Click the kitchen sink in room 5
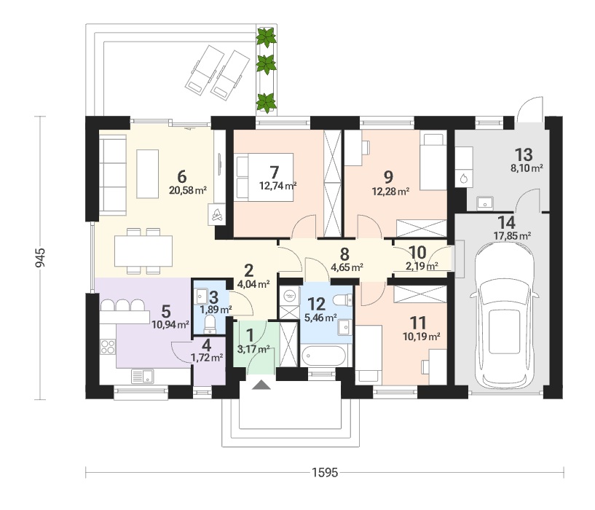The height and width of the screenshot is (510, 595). point(143,377)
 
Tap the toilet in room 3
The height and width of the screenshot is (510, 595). point(210,324)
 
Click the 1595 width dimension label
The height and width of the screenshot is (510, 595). point(324,472)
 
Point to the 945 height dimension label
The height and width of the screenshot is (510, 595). point(40,257)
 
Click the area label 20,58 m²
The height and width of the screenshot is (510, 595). point(188,190)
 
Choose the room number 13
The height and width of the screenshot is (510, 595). point(524,154)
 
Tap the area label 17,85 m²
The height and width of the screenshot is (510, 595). point(512,236)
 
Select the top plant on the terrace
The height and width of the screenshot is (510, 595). point(266,37)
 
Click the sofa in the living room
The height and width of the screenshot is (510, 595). point(113,175)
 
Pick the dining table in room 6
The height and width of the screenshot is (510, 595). point(143,251)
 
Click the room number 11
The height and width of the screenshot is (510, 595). point(418,323)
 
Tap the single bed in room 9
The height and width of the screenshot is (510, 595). point(433,162)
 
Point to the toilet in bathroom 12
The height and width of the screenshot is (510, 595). point(343,300)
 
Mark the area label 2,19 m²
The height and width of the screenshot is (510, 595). point(422,266)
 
